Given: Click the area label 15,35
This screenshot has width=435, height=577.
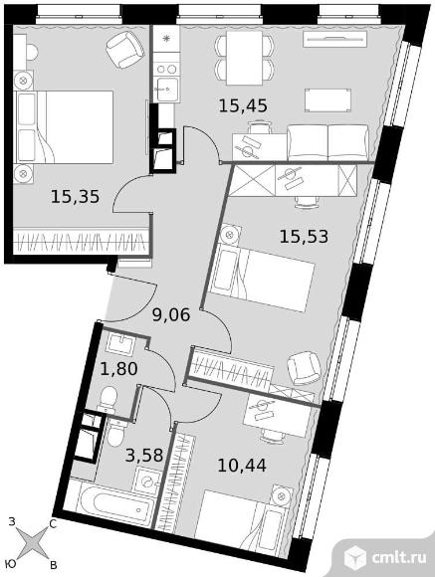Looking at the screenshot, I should point(76,197).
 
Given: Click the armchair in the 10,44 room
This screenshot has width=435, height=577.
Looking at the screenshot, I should point(303,371).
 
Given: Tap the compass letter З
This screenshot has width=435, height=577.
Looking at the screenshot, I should point(12,521).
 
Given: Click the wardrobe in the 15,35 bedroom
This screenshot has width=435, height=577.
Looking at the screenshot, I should point(82,241).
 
